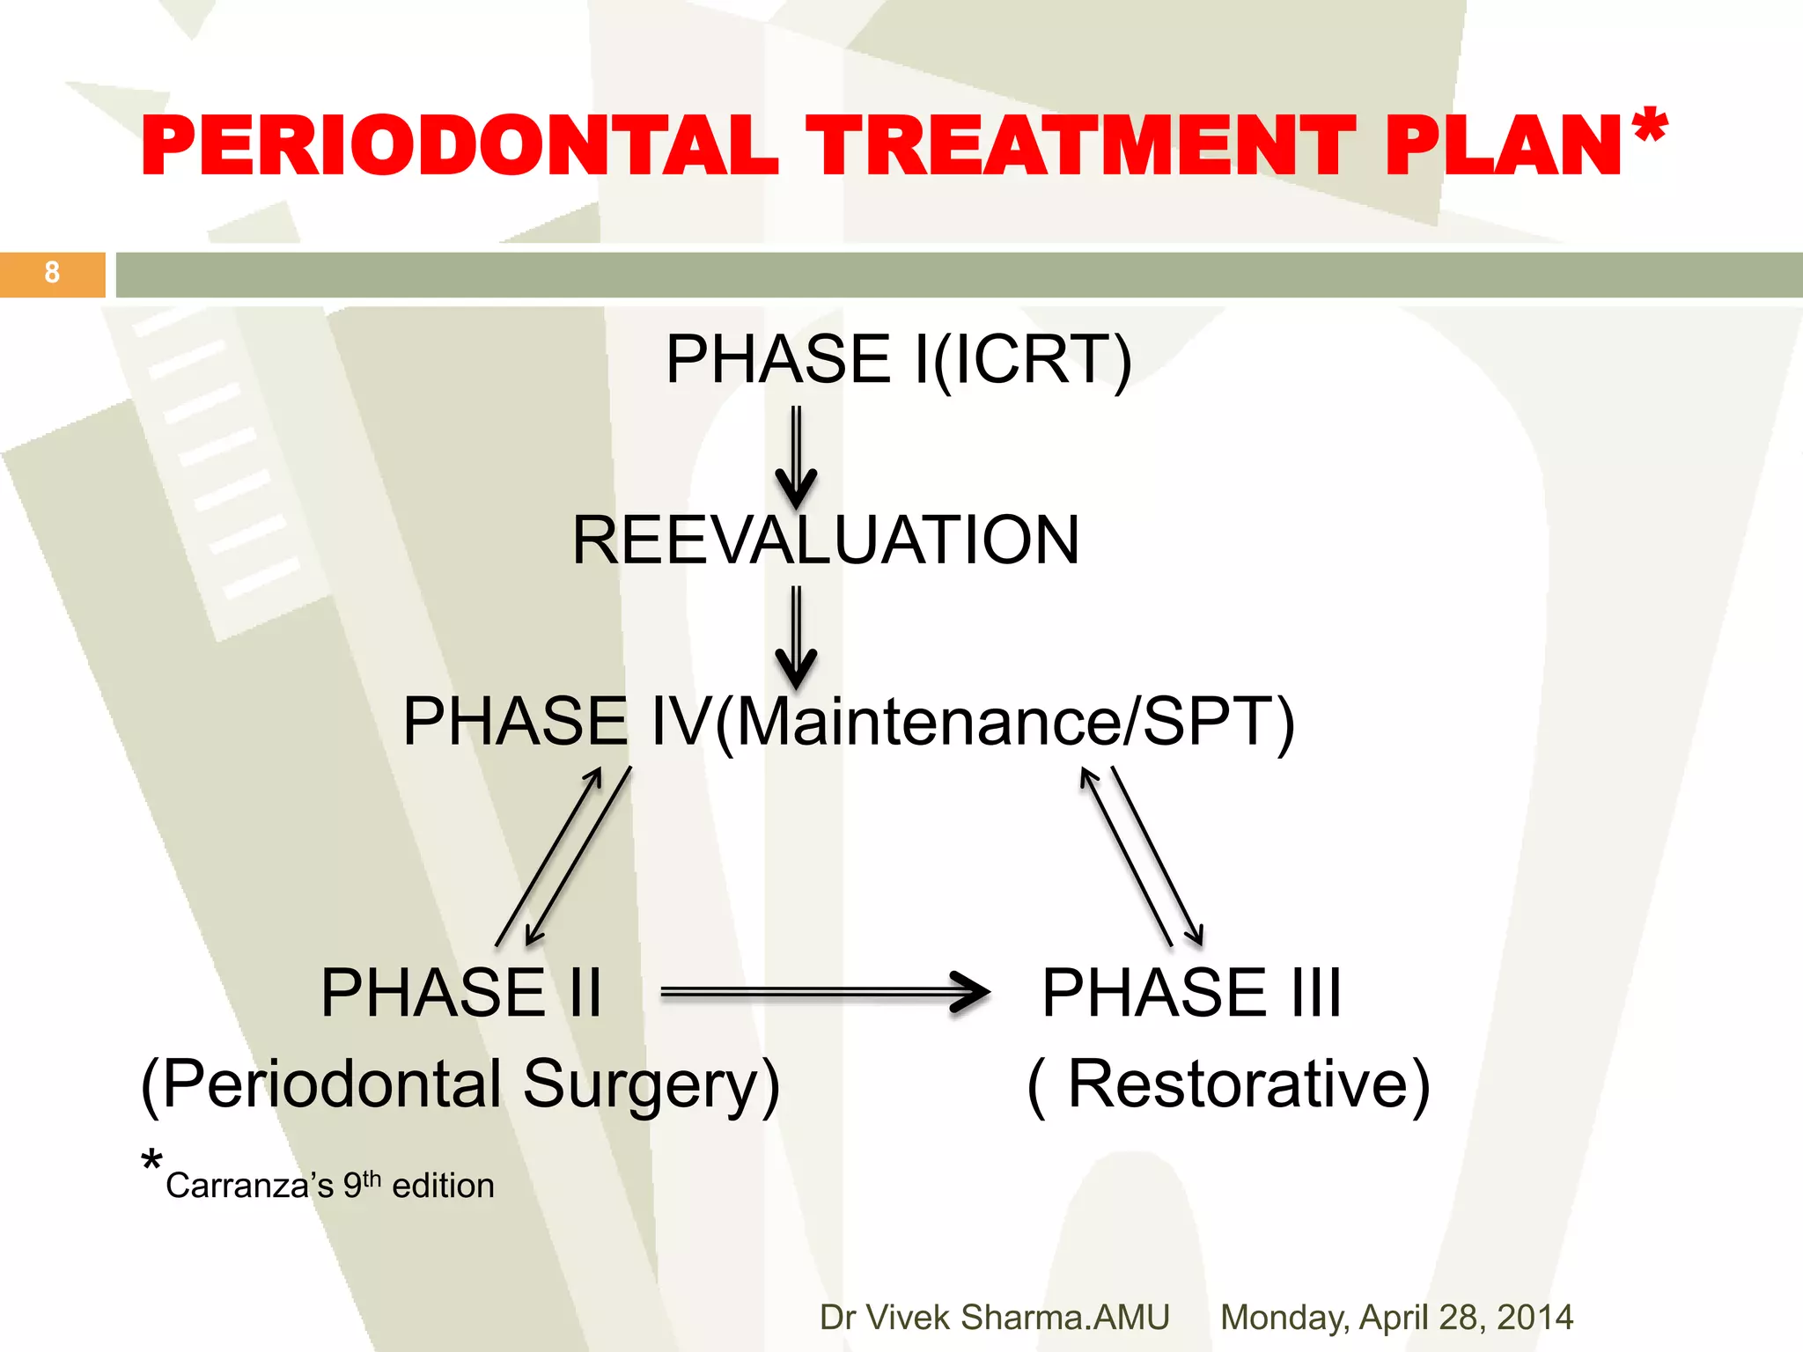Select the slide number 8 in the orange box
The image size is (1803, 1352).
pyautogui.click(x=52, y=273)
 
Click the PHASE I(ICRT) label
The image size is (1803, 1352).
pyautogui.click(x=898, y=359)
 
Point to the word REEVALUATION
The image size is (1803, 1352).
pyautogui.click(x=825, y=540)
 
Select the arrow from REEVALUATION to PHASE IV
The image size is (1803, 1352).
pyautogui.click(x=796, y=637)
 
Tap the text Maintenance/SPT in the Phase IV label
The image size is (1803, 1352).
pyautogui.click(x=1004, y=722)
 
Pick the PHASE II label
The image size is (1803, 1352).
pyautogui.click(x=461, y=993)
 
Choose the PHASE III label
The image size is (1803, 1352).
pyautogui.click(x=1191, y=993)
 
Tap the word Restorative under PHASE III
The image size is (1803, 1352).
pyautogui.click(x=1237, y=1084)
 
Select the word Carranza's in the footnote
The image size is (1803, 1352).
pyautogui.click(x=249, y=1187)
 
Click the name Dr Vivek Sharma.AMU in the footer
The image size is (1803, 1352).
pyautogui.click(x=994, y=1318)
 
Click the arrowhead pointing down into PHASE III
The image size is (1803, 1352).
pyautogui.click(x=1196, y=937)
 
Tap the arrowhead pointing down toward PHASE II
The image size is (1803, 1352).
pyautogui.click(x=532, y=937)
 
